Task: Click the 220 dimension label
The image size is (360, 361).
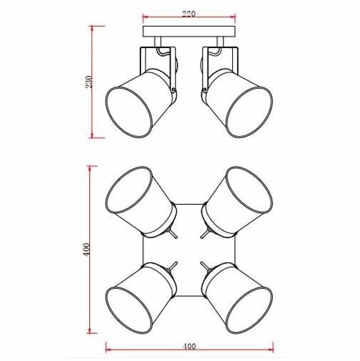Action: coord(189,13)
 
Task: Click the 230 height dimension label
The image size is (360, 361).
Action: coord(89,82)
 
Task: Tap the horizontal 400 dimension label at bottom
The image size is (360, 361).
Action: coord(189,346)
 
